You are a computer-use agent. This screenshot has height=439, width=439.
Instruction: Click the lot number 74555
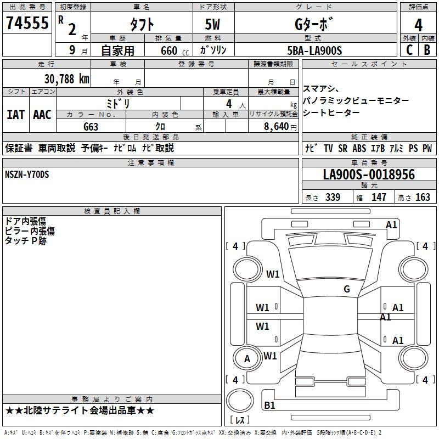pos(26,24)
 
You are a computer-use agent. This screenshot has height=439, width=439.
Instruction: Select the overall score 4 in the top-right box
pos(418,25)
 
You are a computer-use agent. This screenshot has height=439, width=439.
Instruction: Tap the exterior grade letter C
pos(408,49)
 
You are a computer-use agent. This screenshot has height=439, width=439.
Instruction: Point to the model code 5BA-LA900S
pos(314,50)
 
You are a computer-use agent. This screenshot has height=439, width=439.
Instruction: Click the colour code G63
pos(91,127)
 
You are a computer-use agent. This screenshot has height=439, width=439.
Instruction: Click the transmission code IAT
pos(15,115)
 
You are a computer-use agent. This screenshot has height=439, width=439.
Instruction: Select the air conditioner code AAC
pos(42,115)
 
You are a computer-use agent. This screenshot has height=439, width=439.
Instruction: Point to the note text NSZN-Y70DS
pos(27,175)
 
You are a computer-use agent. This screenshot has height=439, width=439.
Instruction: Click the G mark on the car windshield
pos(346,289)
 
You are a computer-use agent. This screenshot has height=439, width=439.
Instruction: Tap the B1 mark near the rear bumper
pos(269,406)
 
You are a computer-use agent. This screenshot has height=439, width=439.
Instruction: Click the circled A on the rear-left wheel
pos(247,359)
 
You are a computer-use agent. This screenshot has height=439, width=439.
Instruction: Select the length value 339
pos(333,198)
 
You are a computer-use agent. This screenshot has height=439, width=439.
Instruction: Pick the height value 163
pos(423,198)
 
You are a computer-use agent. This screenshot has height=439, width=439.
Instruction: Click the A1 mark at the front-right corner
pos(391,224)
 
